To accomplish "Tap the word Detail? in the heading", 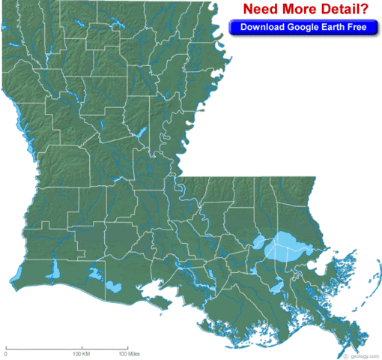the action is pyautogui.click(x=344, y=9).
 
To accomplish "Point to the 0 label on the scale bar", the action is pyautogui.click(x=6, y=352).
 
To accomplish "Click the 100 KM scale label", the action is pyautogui.click(x=81, y=352).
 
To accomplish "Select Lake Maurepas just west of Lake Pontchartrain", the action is pyautogui.click(x=260, y=243).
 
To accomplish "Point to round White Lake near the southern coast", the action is pyautogui.click(x=114, y=286).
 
